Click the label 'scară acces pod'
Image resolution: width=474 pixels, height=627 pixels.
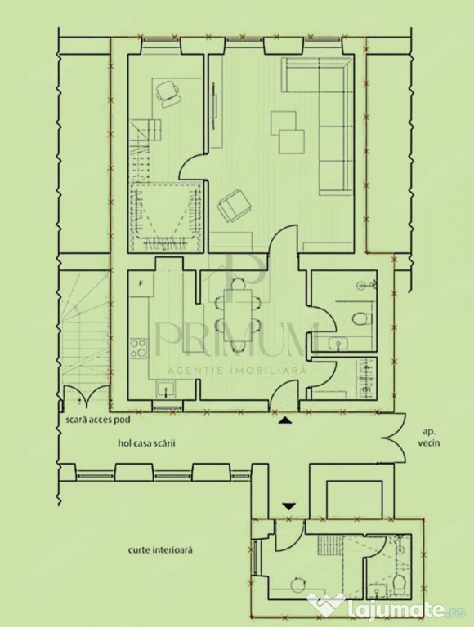(98, 420)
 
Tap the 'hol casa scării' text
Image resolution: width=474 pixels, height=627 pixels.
(146, 443)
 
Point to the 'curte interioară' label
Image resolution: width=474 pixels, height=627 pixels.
(160, 549)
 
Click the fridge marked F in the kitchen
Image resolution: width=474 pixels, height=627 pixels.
(141, 284)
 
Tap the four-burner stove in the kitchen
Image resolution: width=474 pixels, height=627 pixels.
(138, 348)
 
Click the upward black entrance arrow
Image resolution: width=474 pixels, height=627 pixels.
(284, 420)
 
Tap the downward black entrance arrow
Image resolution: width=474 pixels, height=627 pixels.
(289, 506)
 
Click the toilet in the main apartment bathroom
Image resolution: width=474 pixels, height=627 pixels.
(363, 318)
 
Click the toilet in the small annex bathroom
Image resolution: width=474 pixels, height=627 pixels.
(400, 585)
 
